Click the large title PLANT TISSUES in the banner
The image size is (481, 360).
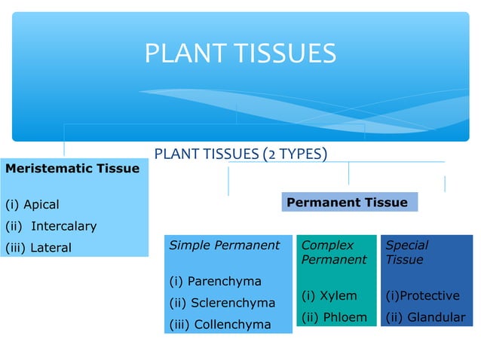(x=240, y=53)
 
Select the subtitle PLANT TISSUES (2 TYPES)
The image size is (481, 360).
(x=240, y=155)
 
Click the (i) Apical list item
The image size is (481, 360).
(x=32, y=205)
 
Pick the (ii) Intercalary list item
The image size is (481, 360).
(x=51, y=226)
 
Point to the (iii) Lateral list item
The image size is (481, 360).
(x=38, y=248)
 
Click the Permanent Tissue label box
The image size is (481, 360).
(x=348, y=203)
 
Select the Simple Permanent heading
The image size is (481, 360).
(x=225, y=246)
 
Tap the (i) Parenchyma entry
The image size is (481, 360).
(x=215, y=282)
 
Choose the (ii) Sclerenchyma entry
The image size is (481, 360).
(x=222, y=304)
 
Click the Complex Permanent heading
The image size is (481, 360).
(x=334, y=252)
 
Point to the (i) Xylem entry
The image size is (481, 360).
(x=329, y=296)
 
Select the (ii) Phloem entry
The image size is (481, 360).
(x=334, y=318)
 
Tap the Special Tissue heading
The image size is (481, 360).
(x=407, y=252)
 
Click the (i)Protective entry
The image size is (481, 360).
(x=422, y=296)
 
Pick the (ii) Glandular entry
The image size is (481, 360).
(x=425, y=318)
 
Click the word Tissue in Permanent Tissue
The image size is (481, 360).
(x=386, y=203)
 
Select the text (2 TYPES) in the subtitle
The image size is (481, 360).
(x=295, y=155)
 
